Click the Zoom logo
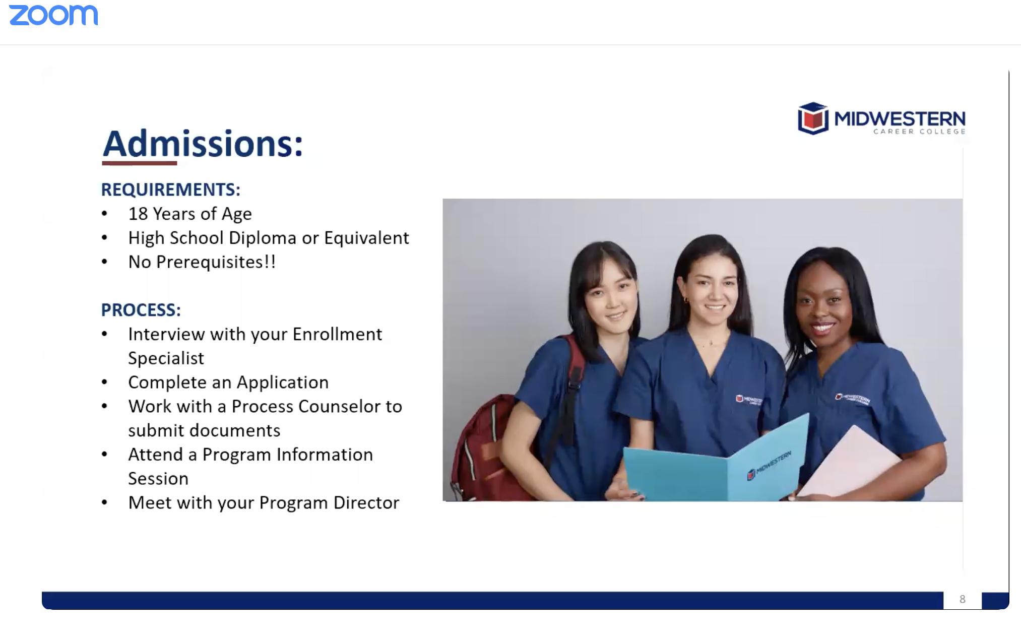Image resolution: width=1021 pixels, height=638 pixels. (53, 15)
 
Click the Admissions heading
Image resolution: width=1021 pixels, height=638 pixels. (203, 144)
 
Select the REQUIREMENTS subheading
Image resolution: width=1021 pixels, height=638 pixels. (171, 189)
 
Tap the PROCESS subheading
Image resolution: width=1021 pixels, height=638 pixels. (141, 310)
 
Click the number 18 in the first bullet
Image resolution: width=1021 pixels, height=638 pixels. (138, 214)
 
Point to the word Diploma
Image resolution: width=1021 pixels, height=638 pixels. (263, 238)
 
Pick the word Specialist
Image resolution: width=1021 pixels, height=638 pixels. (166, 359)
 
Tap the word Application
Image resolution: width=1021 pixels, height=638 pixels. (283, 383)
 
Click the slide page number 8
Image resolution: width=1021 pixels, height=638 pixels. (963, 599)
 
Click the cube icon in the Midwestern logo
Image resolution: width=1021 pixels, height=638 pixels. (813, 118)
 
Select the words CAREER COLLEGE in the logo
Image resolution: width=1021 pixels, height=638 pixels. (919, 132)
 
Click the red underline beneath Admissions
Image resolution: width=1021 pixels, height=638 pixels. (140, 163)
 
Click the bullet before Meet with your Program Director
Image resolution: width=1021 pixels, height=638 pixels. (105, 502)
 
